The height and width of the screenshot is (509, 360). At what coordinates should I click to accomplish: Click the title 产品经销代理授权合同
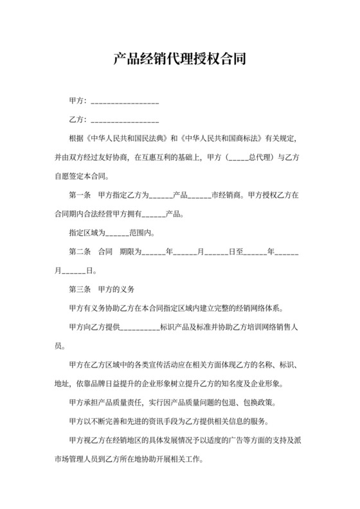tap(180, 60)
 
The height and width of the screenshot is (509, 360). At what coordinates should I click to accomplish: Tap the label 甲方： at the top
tap(78, 102)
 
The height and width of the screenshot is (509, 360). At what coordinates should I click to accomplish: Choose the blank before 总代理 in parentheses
tap(239, 158)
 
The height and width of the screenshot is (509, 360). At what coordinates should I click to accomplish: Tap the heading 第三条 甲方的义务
tap(100, 289)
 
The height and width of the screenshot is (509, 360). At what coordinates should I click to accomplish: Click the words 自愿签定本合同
tap(82, 175)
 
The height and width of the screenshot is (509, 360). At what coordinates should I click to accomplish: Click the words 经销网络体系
tap(267, 308)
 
